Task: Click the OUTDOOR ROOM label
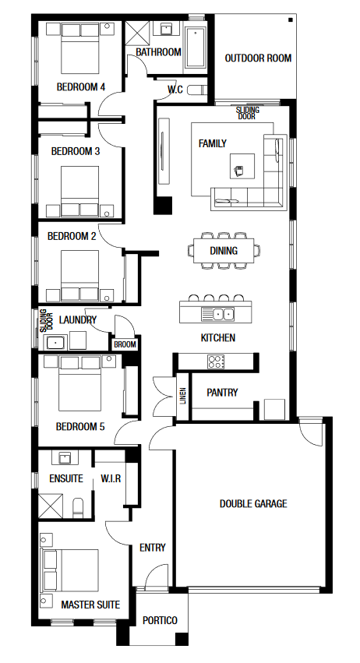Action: click(x=258, y=58)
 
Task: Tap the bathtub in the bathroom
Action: click(x=196, y=48)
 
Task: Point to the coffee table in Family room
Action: click(x=242, y=166)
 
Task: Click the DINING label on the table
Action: click(x=224, y=251)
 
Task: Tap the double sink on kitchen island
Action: click(x=217, y=314)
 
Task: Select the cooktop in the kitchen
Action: click(x=216, y=361)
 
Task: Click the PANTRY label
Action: click(x=222, y=393)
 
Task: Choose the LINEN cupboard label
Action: click(x=183, y=396)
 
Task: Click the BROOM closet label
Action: click(x=125, y=344)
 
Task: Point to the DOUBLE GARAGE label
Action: click(x=253, y=503)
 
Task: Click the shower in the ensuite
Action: click(x=51, y=506)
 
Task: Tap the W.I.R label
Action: click(x=111, y=478)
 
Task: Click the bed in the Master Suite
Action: click(x=70, y=570)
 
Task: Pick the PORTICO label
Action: click(x=160, y=620)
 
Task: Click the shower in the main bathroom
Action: click(x=137, y=32)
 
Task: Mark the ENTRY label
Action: click(x=152, y=548)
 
